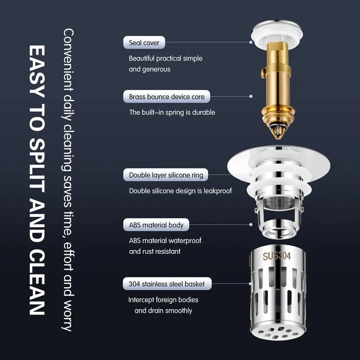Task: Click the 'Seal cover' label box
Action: pyautogui.click(x=144, y=42)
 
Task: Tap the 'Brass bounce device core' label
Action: pyautogui.click(x=166, y=96)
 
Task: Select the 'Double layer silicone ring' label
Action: pyautogui.click(x=166, y=175)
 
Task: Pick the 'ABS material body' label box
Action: pyautogui.click(x=156, y=225)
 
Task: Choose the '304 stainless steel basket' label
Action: pyautogui.click(x=167, y=284)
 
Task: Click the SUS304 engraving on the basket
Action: pyautogui.click(x=277, y=256)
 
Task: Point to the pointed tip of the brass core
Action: pyautogui.click(x=278, y=137)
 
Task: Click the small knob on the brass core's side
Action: pyautogui.click(x=263, y=73)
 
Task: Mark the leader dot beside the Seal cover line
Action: pyautogui.click(x=251, y=42)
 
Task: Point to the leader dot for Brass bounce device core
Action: pyautogui.click(x=251, y=96)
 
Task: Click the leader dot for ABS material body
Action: pyautogui.click(x=251, y=225)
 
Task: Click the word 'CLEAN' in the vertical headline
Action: pyautogui.click(x=37, y=282)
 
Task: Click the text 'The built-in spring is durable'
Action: pyautogui.click(x=172, y=112)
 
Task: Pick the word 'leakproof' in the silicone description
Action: pyautogui.click(x=218, y=191)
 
